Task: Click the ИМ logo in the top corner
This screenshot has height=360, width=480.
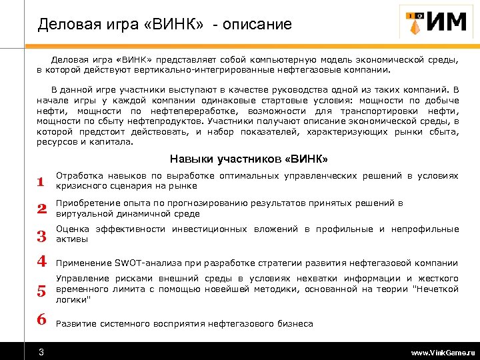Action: click(433, 23)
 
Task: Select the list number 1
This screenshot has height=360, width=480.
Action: click(41, 181)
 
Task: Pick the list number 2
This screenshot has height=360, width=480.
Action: click(41, 209)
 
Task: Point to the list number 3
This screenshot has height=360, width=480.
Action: click(41, 235)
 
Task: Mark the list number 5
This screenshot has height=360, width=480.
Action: click(41, 291)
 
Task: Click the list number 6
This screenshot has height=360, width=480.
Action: click(41, 319)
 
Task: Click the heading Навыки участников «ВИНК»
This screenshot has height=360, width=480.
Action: click(249, 159)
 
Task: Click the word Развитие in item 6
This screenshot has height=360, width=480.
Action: click(76, 324)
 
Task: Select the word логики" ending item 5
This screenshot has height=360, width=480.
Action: click(73, 299)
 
